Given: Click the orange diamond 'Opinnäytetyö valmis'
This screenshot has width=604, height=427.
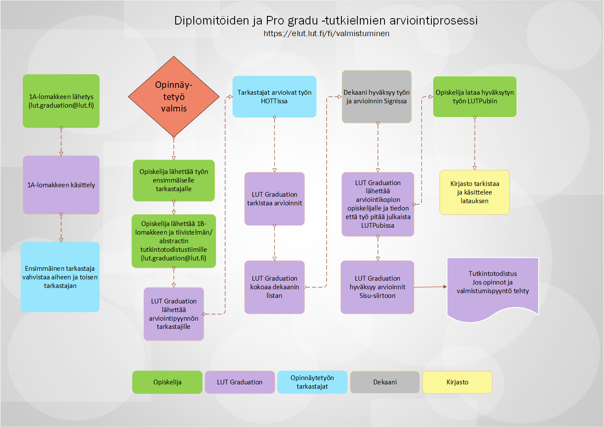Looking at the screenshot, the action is click(173, 96).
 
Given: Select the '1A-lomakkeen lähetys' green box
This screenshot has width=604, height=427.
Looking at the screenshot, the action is click(61, 101).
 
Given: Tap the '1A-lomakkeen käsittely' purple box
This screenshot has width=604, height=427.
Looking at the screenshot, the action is click(61, 185).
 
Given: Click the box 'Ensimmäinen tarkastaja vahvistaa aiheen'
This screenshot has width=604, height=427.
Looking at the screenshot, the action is click(60, 277).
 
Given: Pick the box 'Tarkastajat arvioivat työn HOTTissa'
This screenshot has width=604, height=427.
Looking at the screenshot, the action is click(274, 96).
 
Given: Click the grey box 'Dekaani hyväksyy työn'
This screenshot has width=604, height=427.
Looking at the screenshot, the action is click(377, 96).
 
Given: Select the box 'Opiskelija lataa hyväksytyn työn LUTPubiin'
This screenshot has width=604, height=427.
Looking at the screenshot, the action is click(474, 96).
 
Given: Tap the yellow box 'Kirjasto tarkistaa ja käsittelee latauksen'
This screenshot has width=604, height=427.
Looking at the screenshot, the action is click(474, 192).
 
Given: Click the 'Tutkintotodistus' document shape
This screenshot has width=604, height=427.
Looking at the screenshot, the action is click(492, 288).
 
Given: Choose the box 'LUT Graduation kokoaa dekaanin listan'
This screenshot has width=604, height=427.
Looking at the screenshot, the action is click(275, 287).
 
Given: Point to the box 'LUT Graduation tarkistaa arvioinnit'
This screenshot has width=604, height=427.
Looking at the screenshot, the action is click(275, 199).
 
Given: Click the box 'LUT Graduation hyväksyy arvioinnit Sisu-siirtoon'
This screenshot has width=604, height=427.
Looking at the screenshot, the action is click(377, 287).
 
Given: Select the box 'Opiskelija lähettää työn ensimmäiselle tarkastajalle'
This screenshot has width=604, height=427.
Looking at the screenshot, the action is click(173, 180).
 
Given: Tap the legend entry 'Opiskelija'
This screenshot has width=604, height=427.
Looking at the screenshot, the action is click(167, 382).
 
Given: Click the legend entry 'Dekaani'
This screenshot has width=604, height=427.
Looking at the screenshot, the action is click(385, 382).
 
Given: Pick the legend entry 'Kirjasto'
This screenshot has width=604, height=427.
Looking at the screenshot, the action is click(457, 382).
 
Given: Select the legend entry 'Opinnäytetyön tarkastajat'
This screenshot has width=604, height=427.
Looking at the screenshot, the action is click(312, 382).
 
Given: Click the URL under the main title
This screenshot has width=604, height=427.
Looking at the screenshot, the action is click(326, 34).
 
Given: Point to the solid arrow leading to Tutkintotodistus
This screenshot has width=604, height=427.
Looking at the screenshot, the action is click(431, 287).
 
